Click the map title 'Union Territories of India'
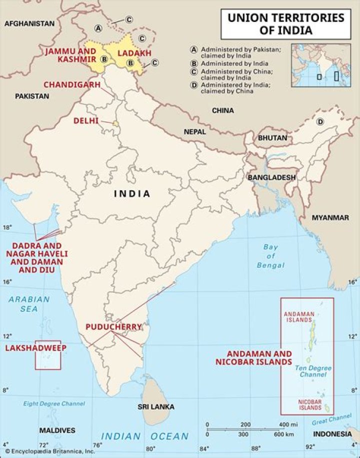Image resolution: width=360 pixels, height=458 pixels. (286, 23)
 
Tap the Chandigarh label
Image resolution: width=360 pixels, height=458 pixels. (71, 84)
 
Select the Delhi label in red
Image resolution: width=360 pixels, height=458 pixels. (85, 121)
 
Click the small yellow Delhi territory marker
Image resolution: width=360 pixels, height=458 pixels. (115, 123)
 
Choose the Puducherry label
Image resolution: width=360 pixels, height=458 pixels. (113, 327)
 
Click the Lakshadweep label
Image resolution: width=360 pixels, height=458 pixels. (35, 348)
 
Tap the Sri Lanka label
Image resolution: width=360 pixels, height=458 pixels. (156, 407)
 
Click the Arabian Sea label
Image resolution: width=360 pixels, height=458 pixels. (29, 304)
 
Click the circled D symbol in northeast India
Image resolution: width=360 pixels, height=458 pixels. (320, 122)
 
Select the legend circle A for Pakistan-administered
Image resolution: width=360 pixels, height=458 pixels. (193, 50)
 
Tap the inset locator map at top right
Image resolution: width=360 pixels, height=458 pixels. (321, 65)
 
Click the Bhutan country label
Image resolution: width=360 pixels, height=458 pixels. (272, 138)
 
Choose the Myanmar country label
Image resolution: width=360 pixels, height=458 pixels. (330, 218)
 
